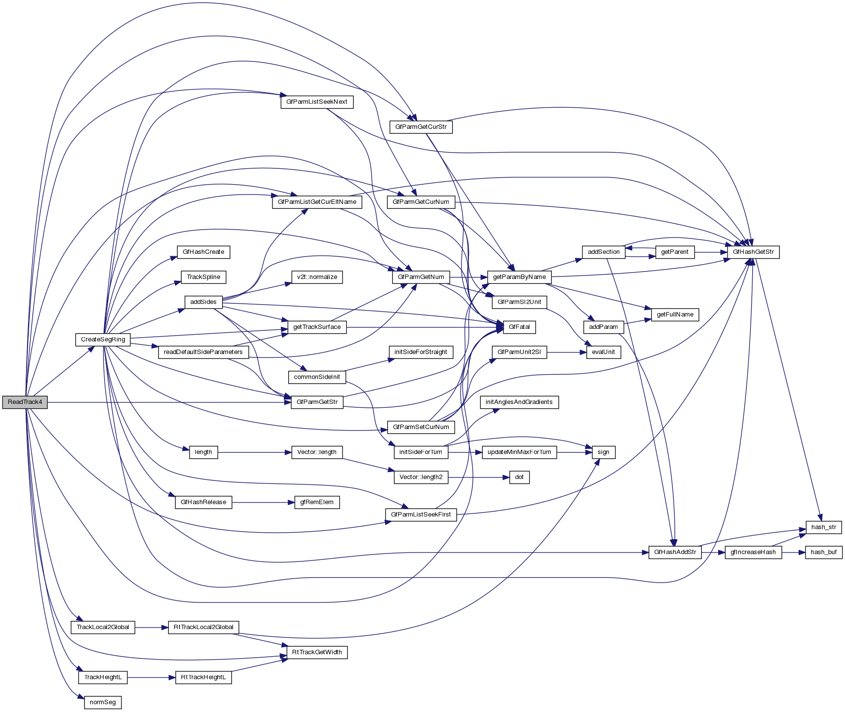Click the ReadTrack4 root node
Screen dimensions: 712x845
[25, 402]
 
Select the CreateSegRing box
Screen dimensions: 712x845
[103, 339]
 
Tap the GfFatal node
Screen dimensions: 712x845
[519, 327]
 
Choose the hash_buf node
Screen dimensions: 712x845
[824, 552]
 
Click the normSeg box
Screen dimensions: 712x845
[103, 702]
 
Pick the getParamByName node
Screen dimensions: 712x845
[519, 277]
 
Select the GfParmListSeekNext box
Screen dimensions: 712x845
[317, 102]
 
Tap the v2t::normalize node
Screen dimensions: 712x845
[317, 277]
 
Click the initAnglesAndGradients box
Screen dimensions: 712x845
[519, 402]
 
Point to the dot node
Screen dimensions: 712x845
[519, 477]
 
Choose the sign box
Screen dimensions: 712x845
[603, 452]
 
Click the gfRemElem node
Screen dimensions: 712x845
[317, 502]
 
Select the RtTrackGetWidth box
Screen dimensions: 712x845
[317, 652]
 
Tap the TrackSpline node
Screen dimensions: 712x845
[203, 277]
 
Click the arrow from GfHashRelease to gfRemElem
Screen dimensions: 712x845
[262, 502]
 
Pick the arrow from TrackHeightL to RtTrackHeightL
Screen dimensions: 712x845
[151, 677]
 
